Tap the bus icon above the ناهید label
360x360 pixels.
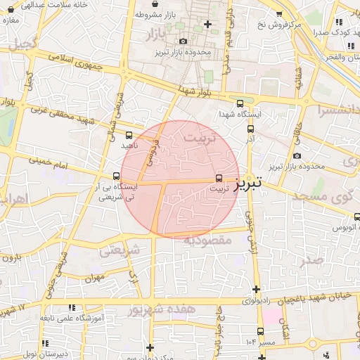[129, 134]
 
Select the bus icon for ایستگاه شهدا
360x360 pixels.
[240, 103]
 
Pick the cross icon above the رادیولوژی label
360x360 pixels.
[256, 288]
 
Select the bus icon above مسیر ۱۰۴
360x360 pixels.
[261, 331]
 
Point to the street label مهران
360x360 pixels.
[94, 278]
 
